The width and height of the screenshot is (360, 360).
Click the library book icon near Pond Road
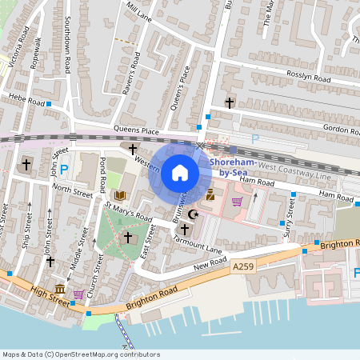tap(120, 195)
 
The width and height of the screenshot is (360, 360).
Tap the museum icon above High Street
tap(59, 289)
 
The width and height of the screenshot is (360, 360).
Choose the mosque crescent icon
tap(191, 214)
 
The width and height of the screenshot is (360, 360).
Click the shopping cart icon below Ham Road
tap(237, 202)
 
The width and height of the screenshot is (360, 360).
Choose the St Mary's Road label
tap(128, 211)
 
